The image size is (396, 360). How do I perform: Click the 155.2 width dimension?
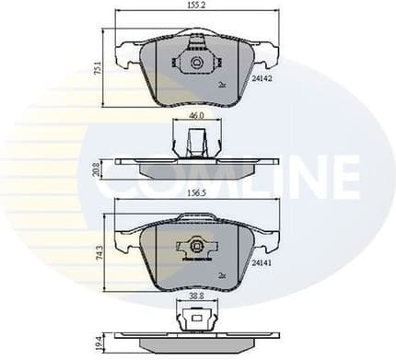point(194,6)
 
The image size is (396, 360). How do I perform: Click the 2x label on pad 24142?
point(222,84)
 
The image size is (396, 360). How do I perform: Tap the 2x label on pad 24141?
point(222,273)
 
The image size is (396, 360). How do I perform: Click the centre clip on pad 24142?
point(194,63)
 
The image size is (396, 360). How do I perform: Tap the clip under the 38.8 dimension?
point(194,318)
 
